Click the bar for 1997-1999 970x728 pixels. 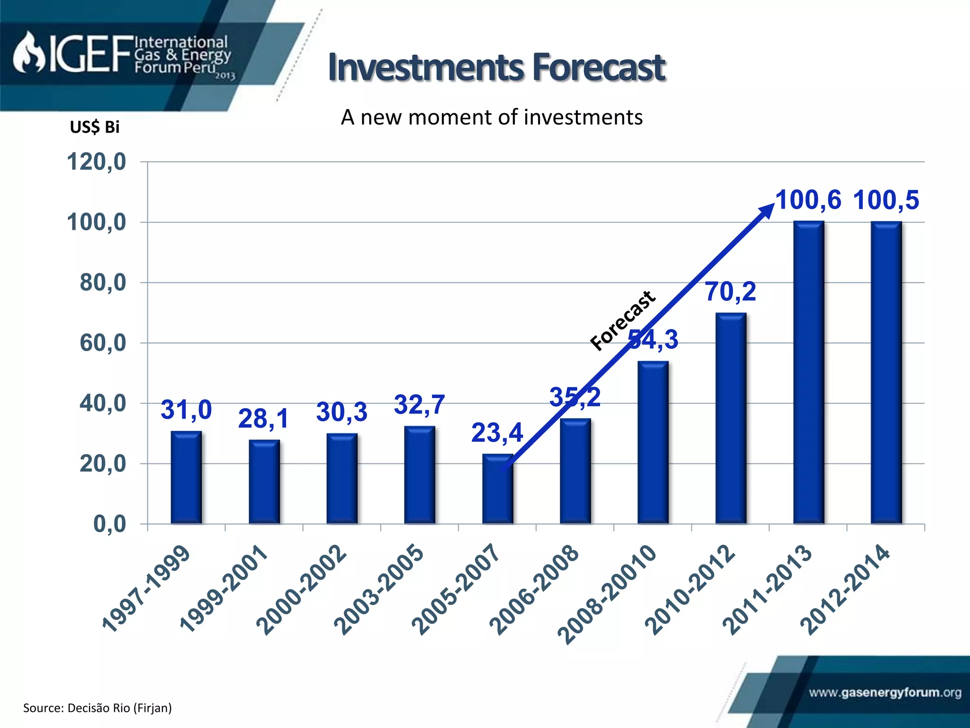(x=186, y=477)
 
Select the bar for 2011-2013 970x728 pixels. (x=808, y=373)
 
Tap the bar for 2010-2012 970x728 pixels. (x=731, y=418)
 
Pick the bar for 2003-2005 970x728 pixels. (x=420, y=475)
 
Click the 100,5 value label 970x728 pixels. (x=886, y=200)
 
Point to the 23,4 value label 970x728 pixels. (x=497, y=433)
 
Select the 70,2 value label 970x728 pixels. (x=730, y=291)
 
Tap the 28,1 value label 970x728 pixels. (x=263, y=419)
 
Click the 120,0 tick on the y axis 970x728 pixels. (x=97, y=162)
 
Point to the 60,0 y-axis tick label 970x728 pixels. (x=103, y=343)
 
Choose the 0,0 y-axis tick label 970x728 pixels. (x=109, y=524)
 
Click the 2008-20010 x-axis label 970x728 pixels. (x=607, y=595)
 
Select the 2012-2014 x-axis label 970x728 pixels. (x=845, y=590)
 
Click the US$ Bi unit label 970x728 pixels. (x=95, y=127)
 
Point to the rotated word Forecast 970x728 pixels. (x=623, y=320)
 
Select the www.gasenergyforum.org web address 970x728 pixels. (x=885, y=693)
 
